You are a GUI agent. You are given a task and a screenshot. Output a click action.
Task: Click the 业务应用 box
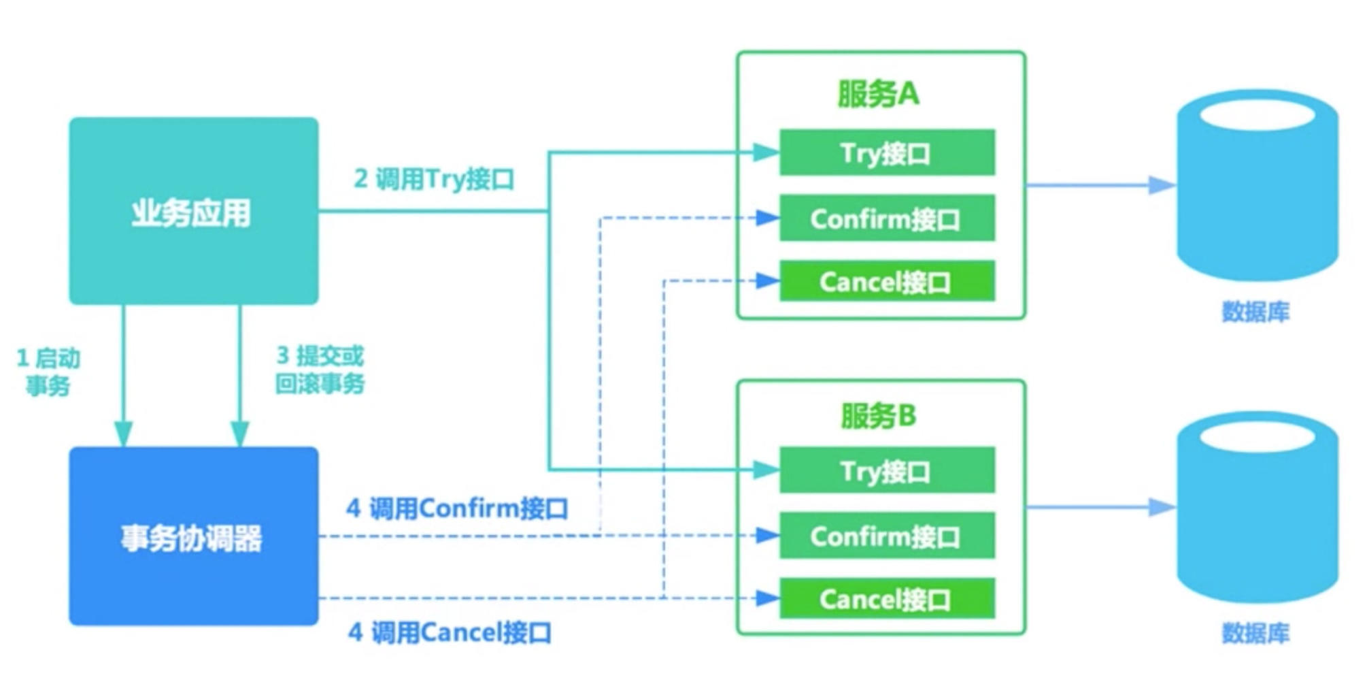point(193,211)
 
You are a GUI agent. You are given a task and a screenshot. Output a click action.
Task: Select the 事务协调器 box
point(193,536)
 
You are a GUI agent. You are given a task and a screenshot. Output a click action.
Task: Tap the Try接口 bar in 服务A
point(886,152)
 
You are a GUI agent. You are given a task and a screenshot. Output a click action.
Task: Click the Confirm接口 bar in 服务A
point(886,218)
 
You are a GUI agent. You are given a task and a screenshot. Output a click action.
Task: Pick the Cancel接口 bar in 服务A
point(886,281)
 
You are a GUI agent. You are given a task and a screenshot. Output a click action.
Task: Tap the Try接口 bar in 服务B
point(886,470)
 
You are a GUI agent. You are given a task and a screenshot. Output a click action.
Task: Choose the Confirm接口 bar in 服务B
point(886,536)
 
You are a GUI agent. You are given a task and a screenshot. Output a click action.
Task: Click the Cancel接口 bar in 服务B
point(886,599)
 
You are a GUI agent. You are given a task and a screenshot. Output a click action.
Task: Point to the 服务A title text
point(878,94)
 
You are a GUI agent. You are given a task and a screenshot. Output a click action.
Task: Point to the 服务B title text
point(878,415)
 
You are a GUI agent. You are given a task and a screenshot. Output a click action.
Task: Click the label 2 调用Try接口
point(434,179)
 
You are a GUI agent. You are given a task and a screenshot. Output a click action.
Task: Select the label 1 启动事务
point(48,372)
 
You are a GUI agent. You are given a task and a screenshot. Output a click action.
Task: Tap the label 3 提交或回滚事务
point(320,370)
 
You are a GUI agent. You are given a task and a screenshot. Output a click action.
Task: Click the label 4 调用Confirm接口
point(457,508)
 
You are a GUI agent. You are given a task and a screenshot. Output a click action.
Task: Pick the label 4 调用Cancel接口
point(450,632)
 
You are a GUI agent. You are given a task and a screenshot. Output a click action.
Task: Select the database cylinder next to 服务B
point(1257,507)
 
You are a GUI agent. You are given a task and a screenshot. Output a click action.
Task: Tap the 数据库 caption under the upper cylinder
point(1255,312)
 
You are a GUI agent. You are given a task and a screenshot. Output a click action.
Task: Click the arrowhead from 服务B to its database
point(1160,507)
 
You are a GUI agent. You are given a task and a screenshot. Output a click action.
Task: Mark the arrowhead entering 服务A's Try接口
point(765,152)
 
